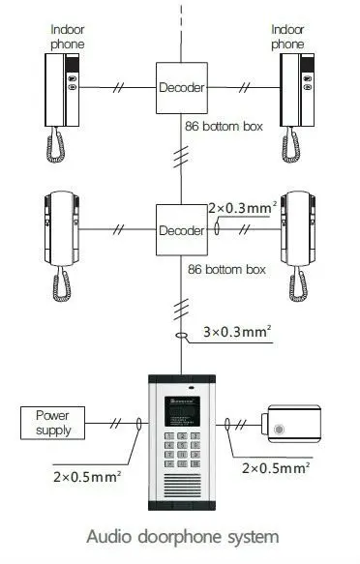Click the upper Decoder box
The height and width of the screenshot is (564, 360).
(x=181, y=87)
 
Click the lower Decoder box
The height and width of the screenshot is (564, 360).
(x=181, y=230)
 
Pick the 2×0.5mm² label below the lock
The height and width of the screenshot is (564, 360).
(x=274, y=467)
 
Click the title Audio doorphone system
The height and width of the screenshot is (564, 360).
(x=180, y=536)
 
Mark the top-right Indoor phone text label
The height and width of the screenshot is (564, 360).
(x=287, y=37)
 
